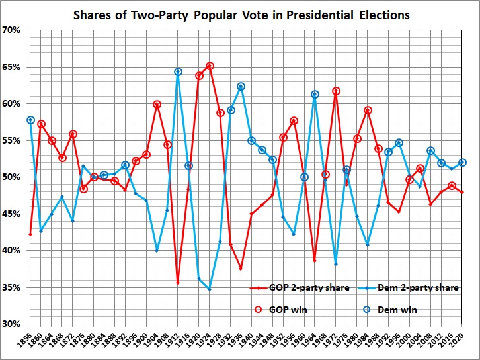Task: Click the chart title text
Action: pos(239,15)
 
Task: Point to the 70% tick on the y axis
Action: pos(13,30)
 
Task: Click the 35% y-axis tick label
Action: pos(13,288)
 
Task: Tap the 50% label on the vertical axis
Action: pos(13,177)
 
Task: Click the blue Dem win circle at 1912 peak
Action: pos(178,72)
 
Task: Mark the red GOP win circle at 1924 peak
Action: pos(210,66)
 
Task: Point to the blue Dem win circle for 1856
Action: pos(30,120)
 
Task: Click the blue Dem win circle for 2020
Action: pos(462,163)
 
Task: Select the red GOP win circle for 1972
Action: pos(336,91)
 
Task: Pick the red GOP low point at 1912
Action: pos(178,283)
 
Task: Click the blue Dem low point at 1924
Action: pos(210,289)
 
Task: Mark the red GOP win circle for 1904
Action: pos(157,105)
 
